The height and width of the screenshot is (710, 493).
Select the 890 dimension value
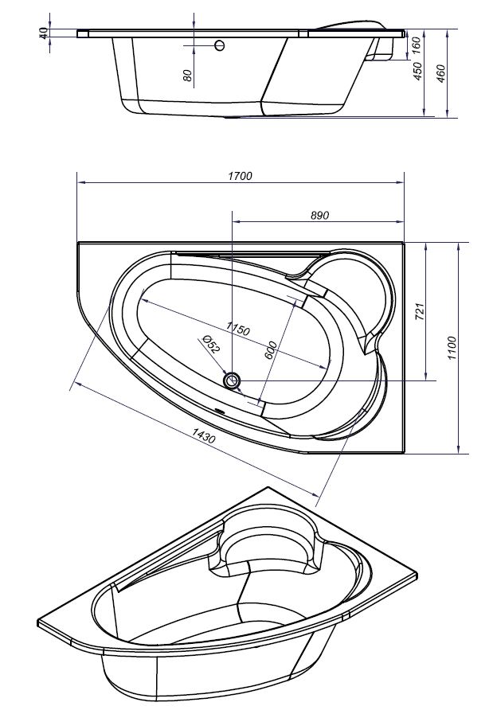tap(319, 216)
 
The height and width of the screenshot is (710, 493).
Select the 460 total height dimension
tap(441, 73)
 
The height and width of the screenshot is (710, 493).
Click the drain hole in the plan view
tap(233, 381)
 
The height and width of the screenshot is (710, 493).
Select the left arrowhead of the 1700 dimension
tap(80, 182)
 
